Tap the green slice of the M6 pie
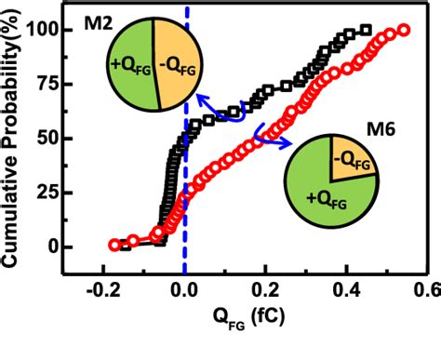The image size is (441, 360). (321, 191)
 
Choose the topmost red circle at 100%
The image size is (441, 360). (404, 30)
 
